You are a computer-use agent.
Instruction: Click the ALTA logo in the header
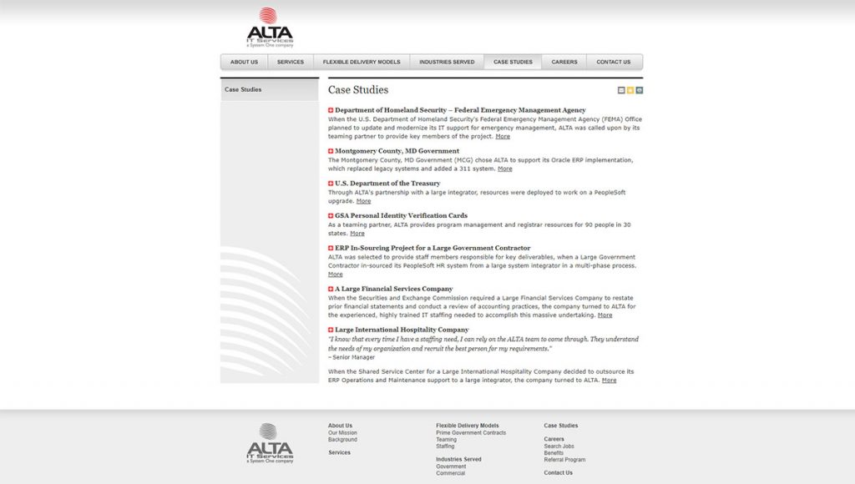point(270,28)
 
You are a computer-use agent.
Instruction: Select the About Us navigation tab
point(244,62)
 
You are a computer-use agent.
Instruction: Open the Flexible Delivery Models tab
point(362,62)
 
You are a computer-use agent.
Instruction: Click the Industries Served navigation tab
point(447,62)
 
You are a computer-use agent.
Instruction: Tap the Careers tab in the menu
point(564,62)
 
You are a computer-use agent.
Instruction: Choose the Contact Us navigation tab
point(614,62)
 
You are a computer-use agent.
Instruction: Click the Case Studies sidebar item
point(243,89)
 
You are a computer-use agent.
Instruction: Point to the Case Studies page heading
point(358,90)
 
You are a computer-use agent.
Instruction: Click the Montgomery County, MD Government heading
point(397,151)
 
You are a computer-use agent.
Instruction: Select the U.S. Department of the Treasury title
point(387,184)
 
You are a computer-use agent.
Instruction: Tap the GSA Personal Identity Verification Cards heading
point(401,215)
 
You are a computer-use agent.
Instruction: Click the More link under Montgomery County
point(505,169)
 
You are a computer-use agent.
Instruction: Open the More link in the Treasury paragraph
point(363,201)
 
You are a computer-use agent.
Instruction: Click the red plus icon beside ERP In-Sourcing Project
point(331,248)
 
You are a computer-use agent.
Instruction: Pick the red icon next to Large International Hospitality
point(331,330)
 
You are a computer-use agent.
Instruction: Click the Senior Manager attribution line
point(352,357)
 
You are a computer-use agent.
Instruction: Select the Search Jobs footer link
point(559,446)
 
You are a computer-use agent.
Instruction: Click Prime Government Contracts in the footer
point(471,433)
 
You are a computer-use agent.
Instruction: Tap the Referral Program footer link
point(564,460)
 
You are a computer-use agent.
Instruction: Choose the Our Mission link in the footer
point(342,433)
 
